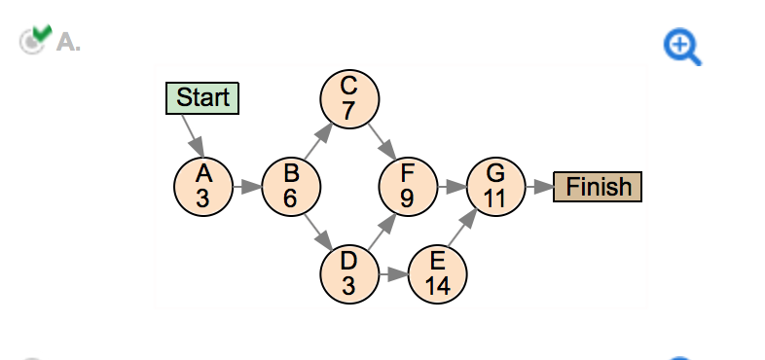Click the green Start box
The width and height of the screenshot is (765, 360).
(202, 97)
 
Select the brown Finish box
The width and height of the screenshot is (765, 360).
(598, 186)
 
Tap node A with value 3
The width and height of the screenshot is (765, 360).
(203, 185)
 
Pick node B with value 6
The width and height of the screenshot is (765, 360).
(291, 185)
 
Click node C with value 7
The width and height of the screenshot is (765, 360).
(349, 97)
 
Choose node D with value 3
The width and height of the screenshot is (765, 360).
(349, 272)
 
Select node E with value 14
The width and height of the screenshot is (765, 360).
(437, 272)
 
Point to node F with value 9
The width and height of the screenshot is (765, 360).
(408, 185)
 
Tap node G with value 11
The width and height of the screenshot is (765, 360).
(495, 185)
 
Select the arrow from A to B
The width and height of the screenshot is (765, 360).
(247, 185)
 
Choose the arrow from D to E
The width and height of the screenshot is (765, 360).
(393, 273)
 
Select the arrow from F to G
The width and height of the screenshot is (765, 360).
(452, 185)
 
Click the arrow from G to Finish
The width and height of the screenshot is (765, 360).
(538, 185)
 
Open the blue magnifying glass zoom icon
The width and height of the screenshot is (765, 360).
(682, 47)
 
